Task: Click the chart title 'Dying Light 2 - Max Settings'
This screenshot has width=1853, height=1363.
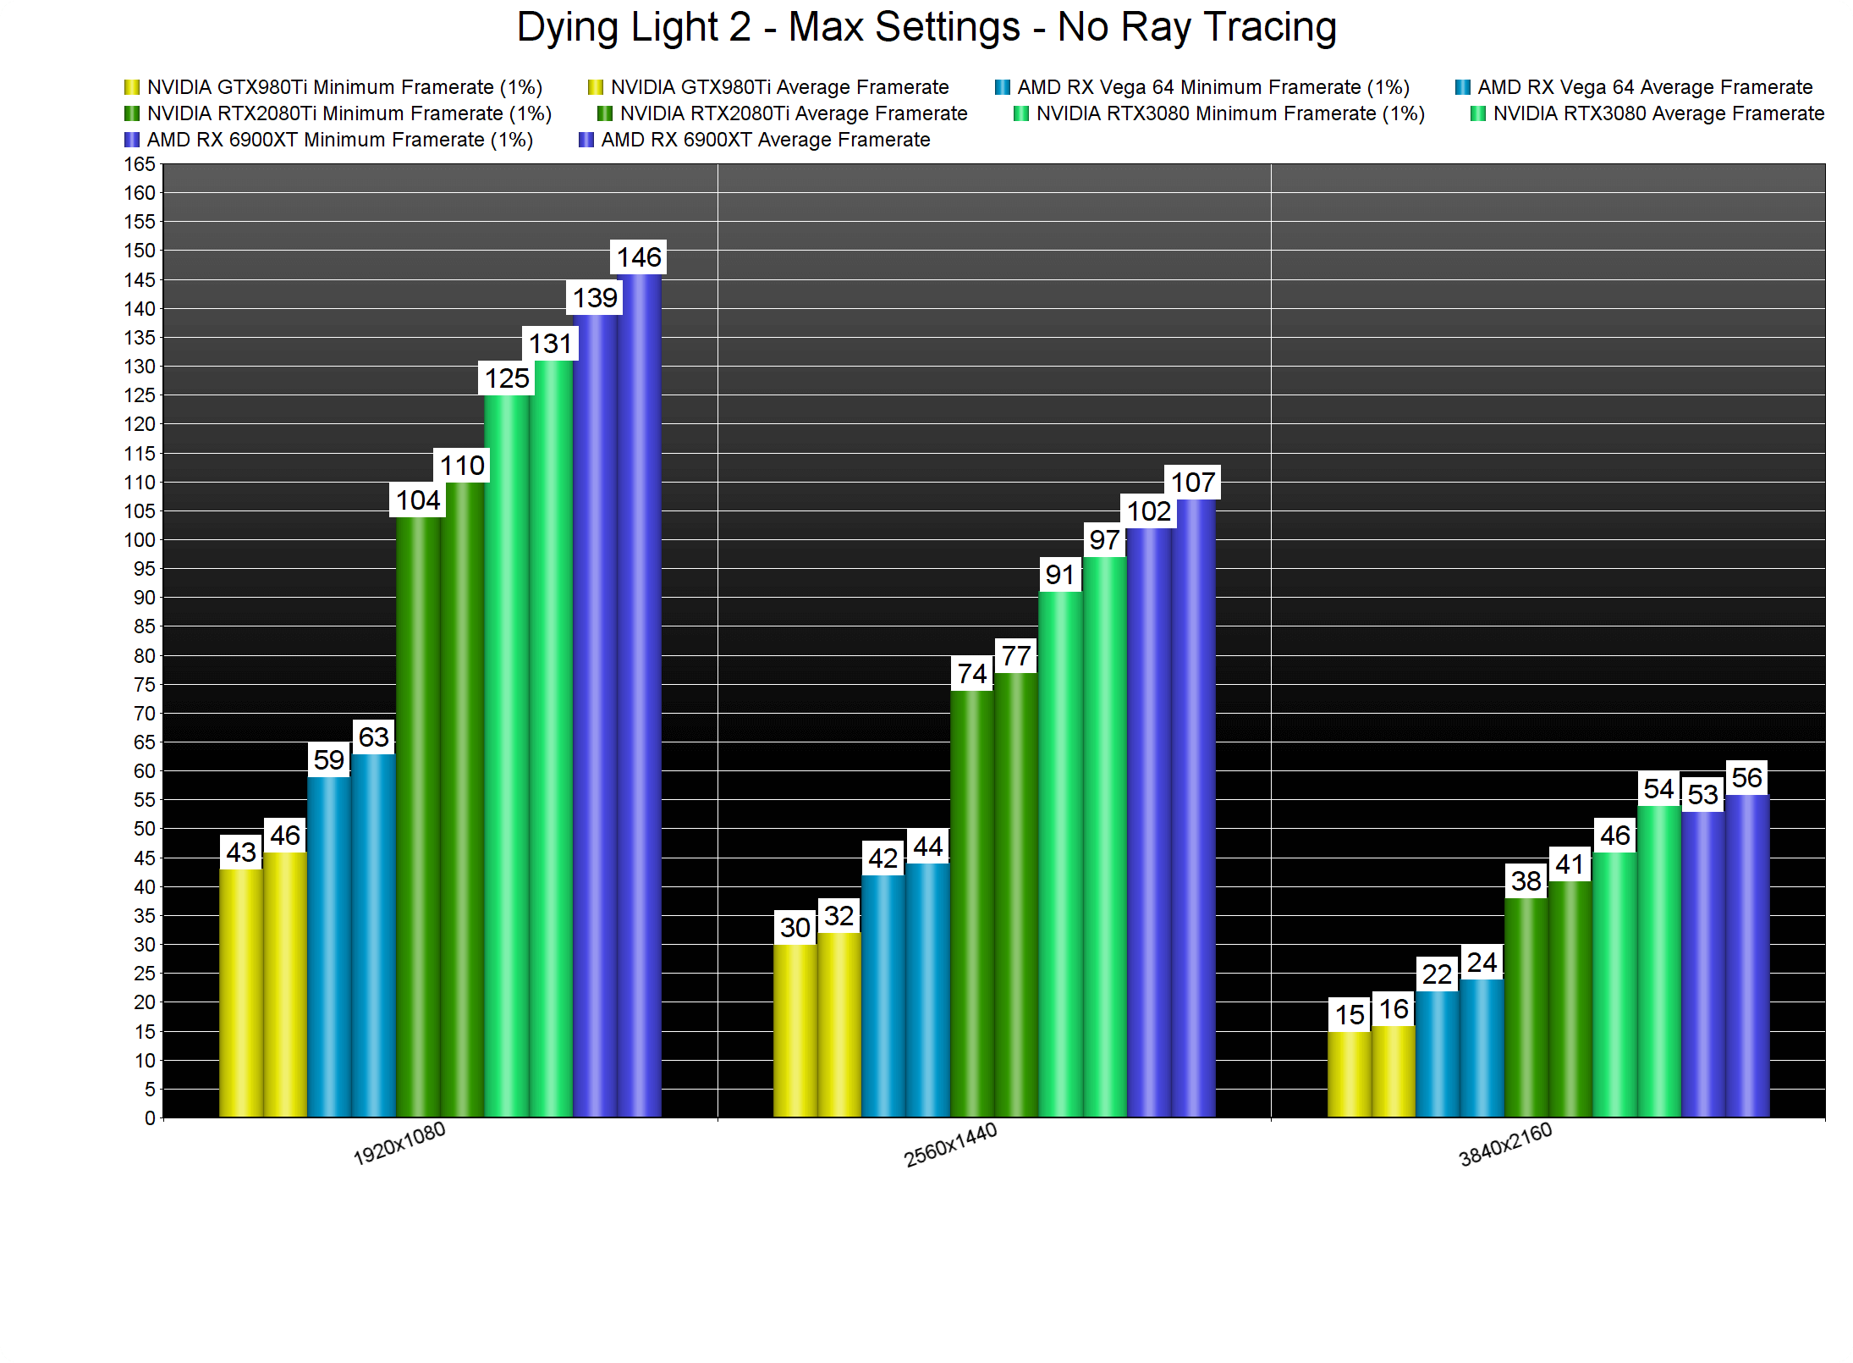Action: click(926, 27)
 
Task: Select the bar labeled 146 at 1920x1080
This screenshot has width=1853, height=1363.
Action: click(639, 694)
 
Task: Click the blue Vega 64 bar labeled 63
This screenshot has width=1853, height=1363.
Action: click(374, 935)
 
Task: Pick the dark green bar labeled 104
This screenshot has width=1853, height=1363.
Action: click(418, 816)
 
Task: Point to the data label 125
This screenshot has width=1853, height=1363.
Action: click(507, 378)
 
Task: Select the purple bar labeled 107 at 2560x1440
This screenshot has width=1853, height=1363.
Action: click(1193, 808)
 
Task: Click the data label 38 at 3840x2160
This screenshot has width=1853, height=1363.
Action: click(1526, 881)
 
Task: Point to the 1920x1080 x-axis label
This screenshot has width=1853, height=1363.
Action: click(399, 1144)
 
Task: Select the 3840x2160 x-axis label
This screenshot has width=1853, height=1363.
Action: click(1505, 1145)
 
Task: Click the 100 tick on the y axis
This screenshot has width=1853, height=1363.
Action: click(140, 540)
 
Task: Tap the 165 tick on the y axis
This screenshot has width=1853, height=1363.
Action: click(140, 164)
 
